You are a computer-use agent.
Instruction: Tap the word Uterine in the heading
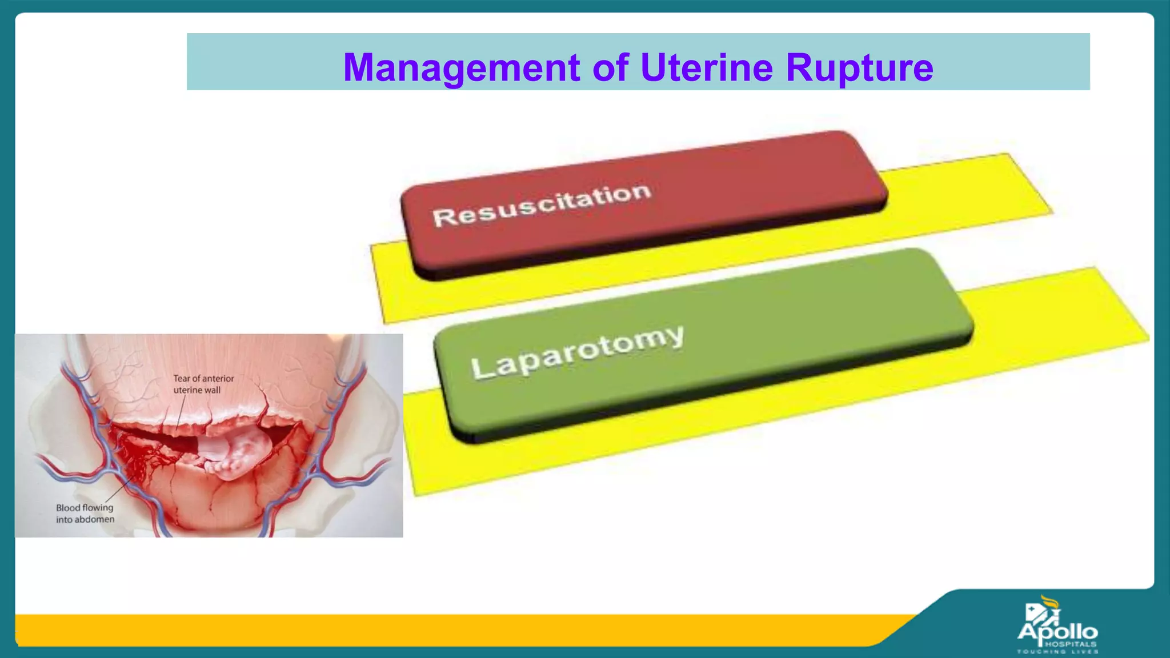pyautogui.click(x=707, y=68)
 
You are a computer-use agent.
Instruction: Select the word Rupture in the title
pyautogui.click(x=859, y=68)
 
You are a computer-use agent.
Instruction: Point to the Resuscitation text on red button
pyautogui.click(x=542, y=205)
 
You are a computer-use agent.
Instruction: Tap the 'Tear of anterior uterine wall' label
pyautogui.click(x=203, y=384)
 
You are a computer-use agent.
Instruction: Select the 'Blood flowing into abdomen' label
pyautogui.click(x=85, y=513)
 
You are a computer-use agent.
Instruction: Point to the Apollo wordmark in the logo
pyautogui.click(x=1057, y=632)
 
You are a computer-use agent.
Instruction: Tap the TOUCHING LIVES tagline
pyautogui.click(x=1057, y=652)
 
